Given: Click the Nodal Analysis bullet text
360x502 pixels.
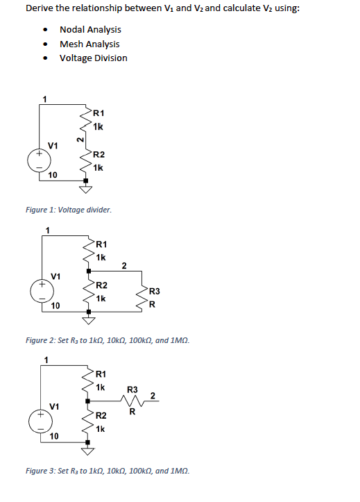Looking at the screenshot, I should [90, 29].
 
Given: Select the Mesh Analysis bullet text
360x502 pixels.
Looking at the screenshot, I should [89, 44].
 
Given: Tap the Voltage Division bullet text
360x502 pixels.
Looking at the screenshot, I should [94, 58].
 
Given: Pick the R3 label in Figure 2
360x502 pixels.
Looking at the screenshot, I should [155, 290].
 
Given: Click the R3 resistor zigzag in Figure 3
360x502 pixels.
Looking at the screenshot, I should [133, 400].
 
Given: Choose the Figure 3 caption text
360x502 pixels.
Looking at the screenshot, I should [107, 470].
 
